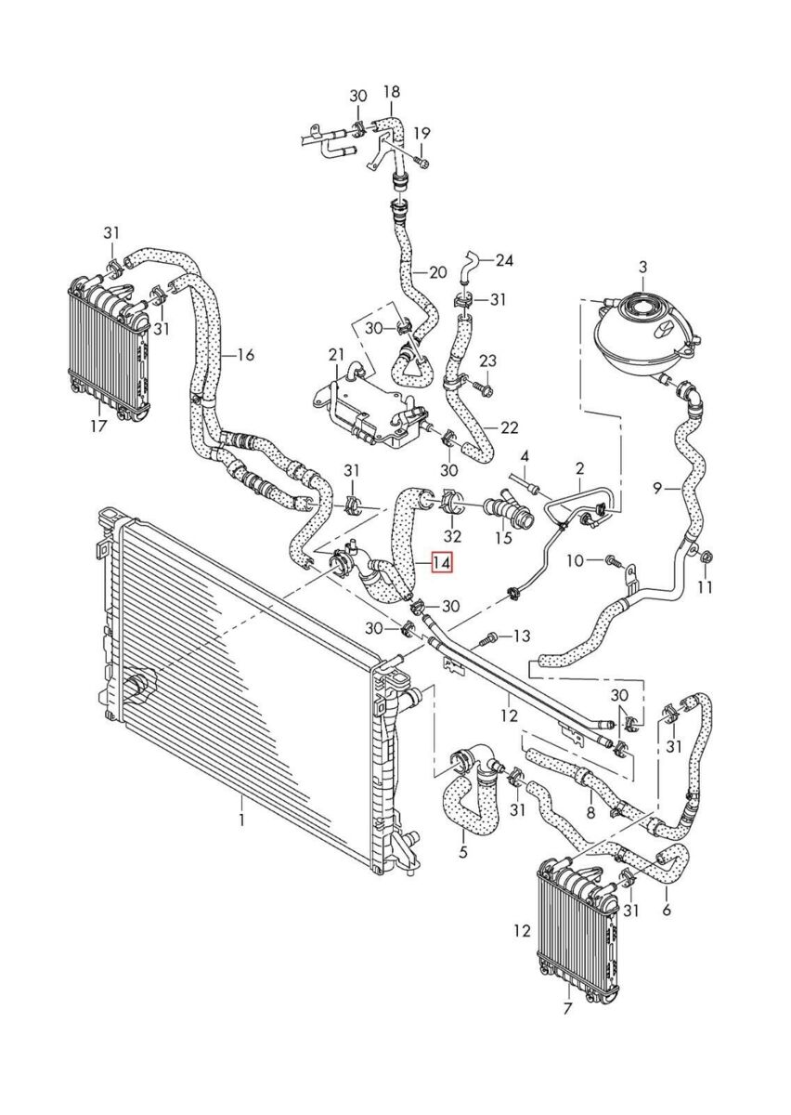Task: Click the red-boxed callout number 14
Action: pos(441,563)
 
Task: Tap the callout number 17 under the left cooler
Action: pos(98,426)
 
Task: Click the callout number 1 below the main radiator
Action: pos(241,820)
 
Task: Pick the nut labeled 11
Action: pos(705,557)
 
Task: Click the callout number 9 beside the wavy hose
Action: pos(657,490)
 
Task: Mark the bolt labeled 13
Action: pos(489,637)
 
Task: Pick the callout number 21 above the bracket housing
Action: pos(336,355)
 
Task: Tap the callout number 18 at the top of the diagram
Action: pos(392,92)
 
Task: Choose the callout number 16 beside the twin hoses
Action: pos(245,355)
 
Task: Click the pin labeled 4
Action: pos(525,482)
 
